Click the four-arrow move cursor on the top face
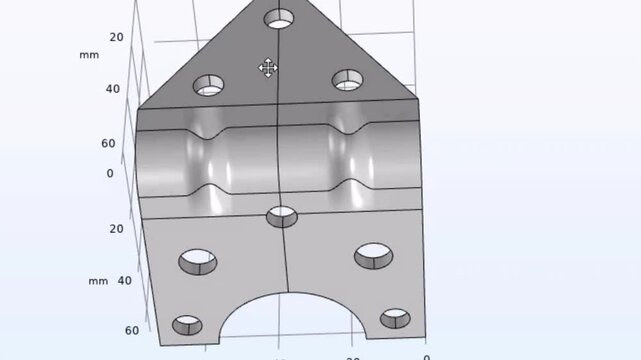(267, 68)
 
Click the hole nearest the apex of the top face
(279, 19)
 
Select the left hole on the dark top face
(209, 85)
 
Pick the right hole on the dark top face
(347, 79)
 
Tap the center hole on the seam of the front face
(282, 216)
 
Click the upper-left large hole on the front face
(197, 262)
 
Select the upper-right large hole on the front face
(372, 256)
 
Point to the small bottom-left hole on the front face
(187, 325)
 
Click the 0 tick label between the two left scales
(110, 173)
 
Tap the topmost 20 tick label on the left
(116, 37)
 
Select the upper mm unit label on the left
(89, 55)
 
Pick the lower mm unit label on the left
(97, 281)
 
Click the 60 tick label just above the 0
(108, 143)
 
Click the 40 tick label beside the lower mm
(124, 281)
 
